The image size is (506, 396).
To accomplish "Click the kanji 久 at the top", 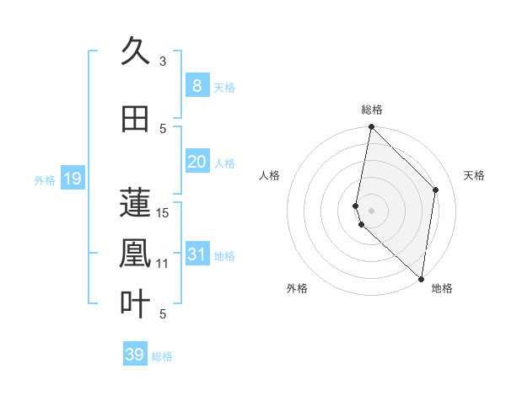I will [x=135, y=52].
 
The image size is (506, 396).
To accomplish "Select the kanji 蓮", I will [x=135, y=201].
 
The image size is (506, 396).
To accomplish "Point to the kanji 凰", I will [x=135, y=254].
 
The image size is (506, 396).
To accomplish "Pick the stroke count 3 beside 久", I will [x=163, y=61].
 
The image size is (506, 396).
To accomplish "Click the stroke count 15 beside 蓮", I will [x=164, y=212].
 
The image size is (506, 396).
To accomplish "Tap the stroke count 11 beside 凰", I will [x=164, y=264].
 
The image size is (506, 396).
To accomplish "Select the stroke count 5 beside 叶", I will [x=163, y=314].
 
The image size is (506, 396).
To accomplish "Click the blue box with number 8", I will [x=196, y=85].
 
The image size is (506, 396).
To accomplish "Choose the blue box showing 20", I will [x=196, y=162].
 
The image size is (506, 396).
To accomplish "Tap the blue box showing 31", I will [x=196, y=254].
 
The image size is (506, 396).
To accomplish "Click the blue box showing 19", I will [x=72, y=179].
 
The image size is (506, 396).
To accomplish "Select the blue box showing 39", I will [x=134, y=355].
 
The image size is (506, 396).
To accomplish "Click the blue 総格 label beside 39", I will [x=162, y=356].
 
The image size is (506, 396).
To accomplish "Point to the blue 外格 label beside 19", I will [x=45, y=179].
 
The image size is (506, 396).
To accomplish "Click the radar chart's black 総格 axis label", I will [x=371, y=110].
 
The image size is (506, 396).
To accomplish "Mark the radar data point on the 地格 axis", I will [x=421, y=278].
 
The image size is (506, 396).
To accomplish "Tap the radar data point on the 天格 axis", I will [x=436, y=190].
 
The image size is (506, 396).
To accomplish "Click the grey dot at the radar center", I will [x=371, y=210].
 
